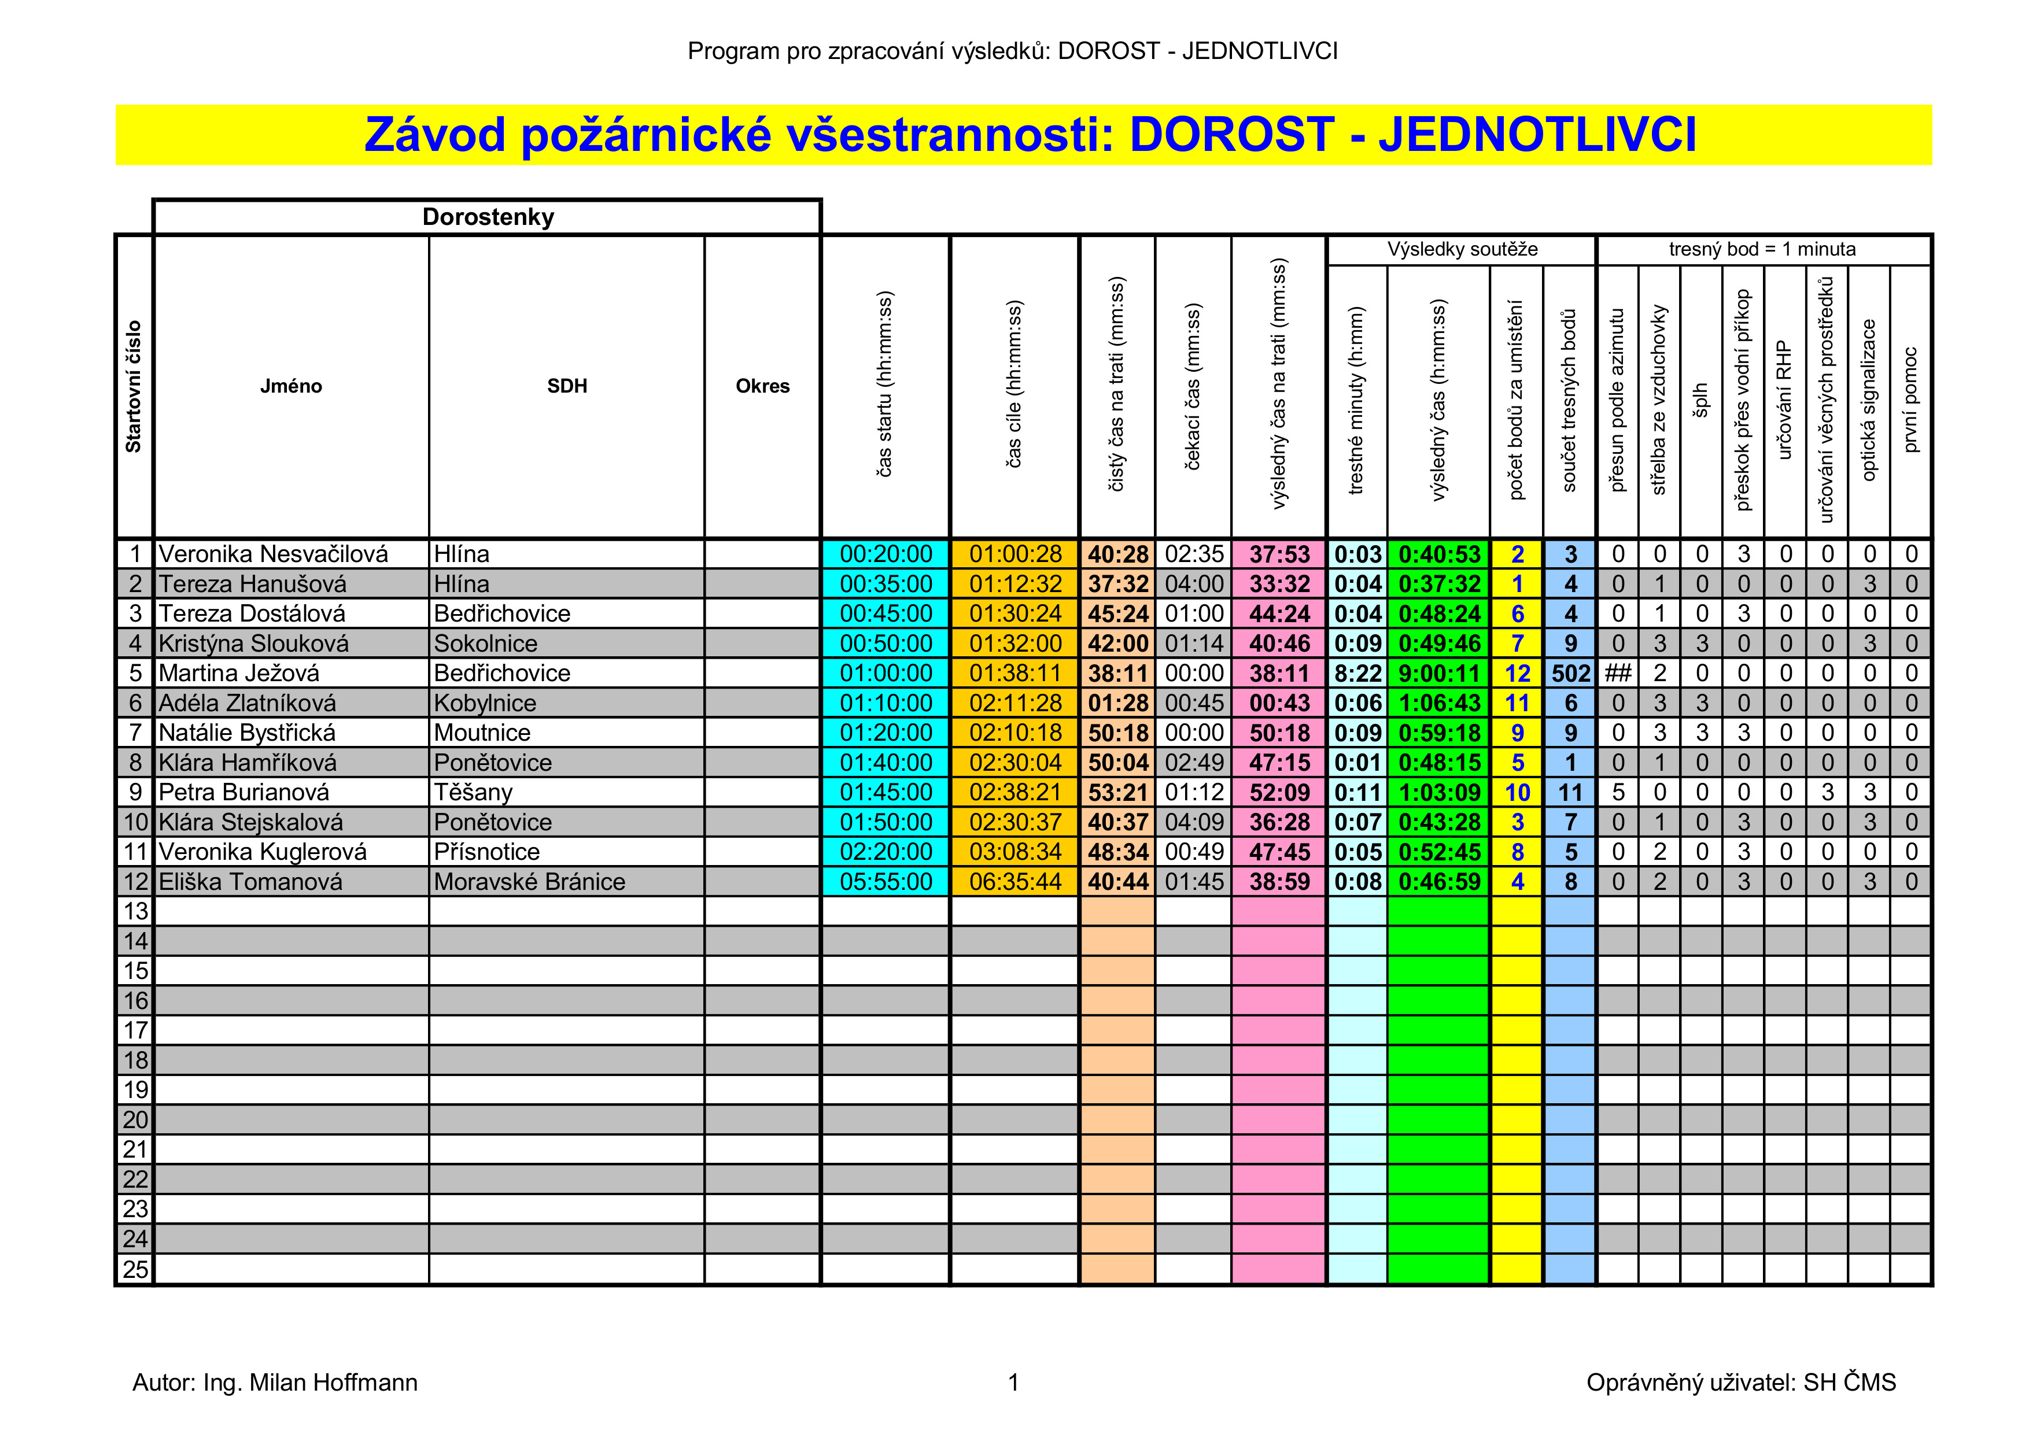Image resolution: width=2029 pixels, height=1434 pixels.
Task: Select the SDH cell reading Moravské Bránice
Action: pos(529,882)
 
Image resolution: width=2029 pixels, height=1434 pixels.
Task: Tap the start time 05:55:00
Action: pos(886,882)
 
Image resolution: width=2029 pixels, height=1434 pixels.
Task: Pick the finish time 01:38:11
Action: pos(1014,673)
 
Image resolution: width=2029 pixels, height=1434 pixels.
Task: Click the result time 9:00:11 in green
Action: pos(1438,673)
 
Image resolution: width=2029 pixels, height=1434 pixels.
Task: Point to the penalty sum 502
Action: pos(1570,673)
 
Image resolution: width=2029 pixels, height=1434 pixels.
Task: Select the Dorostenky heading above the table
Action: pos(488,217)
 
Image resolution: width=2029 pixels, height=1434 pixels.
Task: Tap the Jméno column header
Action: pos(291,386)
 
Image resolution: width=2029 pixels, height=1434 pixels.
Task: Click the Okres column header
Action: pos(763,386)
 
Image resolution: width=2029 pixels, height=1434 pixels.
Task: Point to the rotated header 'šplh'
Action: pos(1701,400)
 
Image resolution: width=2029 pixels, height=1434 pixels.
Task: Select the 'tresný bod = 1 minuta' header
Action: pos(1762,250)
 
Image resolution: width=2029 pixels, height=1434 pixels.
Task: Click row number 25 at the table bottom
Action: pos(135,1270)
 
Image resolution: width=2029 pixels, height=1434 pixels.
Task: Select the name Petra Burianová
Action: pos(244,793)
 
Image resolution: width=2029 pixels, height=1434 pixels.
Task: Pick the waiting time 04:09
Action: pos(1194,823)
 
